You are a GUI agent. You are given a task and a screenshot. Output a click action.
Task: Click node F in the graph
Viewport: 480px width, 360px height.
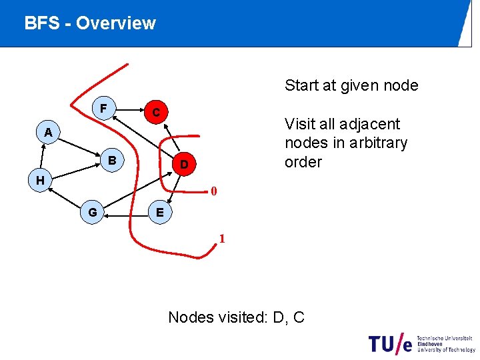[103, 108]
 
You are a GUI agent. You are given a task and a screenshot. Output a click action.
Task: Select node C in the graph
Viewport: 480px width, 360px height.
[155, 113]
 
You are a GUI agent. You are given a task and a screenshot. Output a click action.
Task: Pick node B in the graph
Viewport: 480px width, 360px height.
[112, 161]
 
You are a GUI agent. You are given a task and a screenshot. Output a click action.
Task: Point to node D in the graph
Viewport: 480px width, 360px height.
[185, 164]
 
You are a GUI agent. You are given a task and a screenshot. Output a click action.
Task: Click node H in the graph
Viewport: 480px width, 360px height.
[40, 180]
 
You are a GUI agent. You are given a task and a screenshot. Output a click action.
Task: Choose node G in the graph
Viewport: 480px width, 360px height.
[93, 212]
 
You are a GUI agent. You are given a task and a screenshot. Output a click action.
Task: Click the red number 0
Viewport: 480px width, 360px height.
[213, 192]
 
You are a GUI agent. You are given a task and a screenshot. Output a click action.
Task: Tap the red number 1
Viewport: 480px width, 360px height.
[223, 239]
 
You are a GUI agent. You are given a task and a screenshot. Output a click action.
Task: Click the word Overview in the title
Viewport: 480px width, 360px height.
[115, 23]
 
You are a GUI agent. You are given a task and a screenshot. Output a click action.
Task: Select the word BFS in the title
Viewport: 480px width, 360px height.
[41, 23]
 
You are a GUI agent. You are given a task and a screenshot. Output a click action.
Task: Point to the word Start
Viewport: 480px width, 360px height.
[303, 85]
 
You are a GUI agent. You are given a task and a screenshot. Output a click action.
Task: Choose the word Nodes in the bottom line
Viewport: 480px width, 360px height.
[190, 317]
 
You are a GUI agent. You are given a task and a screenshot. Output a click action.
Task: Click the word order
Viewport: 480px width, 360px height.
[303, 162]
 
